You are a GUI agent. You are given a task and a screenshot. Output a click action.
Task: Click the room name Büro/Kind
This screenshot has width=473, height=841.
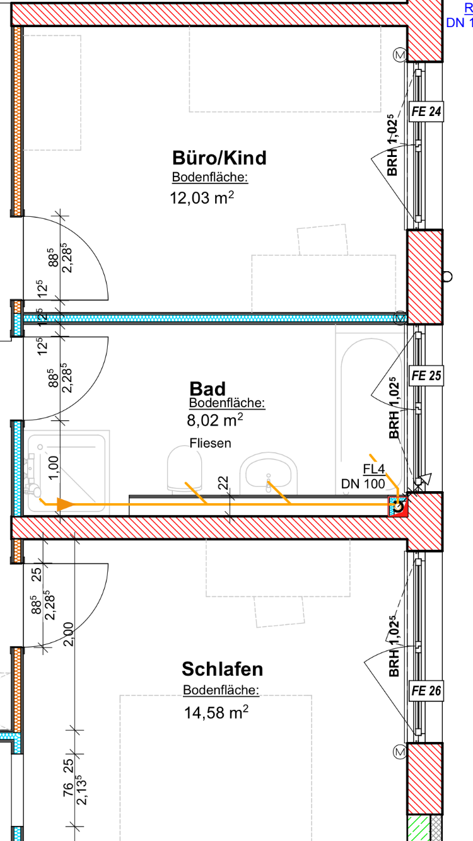[219, 157]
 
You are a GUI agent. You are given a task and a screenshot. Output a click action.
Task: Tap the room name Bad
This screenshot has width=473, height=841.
[207, 388]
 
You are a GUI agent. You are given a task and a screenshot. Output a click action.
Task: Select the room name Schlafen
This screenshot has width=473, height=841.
[222, 668]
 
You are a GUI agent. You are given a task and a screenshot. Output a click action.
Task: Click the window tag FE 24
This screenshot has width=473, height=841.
[426, 112]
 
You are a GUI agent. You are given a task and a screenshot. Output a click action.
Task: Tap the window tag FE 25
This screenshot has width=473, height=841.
[426, 376]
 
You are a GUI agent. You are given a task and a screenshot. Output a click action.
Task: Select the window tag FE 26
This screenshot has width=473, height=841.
[426, 691]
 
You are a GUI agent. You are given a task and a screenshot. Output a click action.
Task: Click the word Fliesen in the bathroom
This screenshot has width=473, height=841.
[210, 443]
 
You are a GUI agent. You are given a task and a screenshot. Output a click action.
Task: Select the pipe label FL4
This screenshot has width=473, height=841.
[373, 469]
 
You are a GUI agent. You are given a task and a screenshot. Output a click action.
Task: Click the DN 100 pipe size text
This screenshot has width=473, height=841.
[363, 484]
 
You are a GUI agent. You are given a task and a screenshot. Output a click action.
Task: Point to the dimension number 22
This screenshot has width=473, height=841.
[223, 484]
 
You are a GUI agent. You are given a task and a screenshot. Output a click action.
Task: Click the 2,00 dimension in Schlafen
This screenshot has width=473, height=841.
[69, 634]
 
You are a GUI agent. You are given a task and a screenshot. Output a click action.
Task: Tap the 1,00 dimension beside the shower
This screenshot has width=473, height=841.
[54, 468]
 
